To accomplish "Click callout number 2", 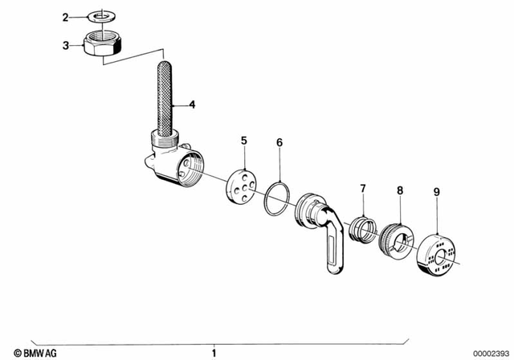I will tap(67, 16).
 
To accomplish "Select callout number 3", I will tap(67, 46).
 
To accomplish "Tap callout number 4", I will tap(192, 104).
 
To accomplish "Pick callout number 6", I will tap(279, 143).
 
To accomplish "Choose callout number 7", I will tap(362, 188).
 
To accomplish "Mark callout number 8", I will tap(400, 191).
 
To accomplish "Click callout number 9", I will tap(436, 191).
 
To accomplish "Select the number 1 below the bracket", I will tap(214, 352).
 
